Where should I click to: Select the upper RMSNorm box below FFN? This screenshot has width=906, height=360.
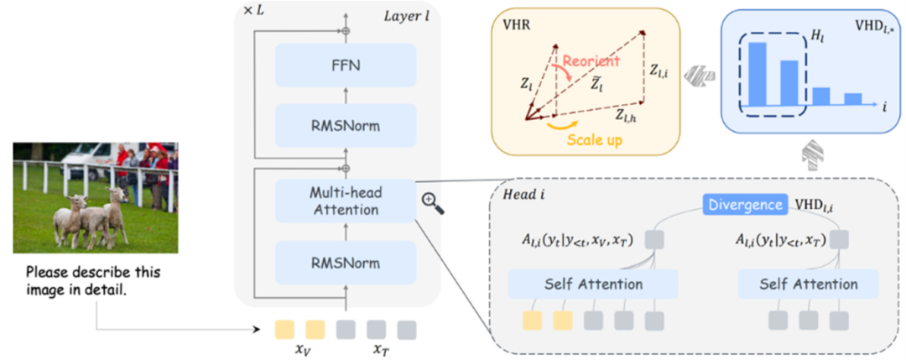click(x=346, y=126)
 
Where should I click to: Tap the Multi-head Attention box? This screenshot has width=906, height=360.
click(x=346, y=201)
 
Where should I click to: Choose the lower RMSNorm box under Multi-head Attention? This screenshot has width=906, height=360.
click(x=346, y=263)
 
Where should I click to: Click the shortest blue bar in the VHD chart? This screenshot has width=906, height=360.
click(x=853, y=99)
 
